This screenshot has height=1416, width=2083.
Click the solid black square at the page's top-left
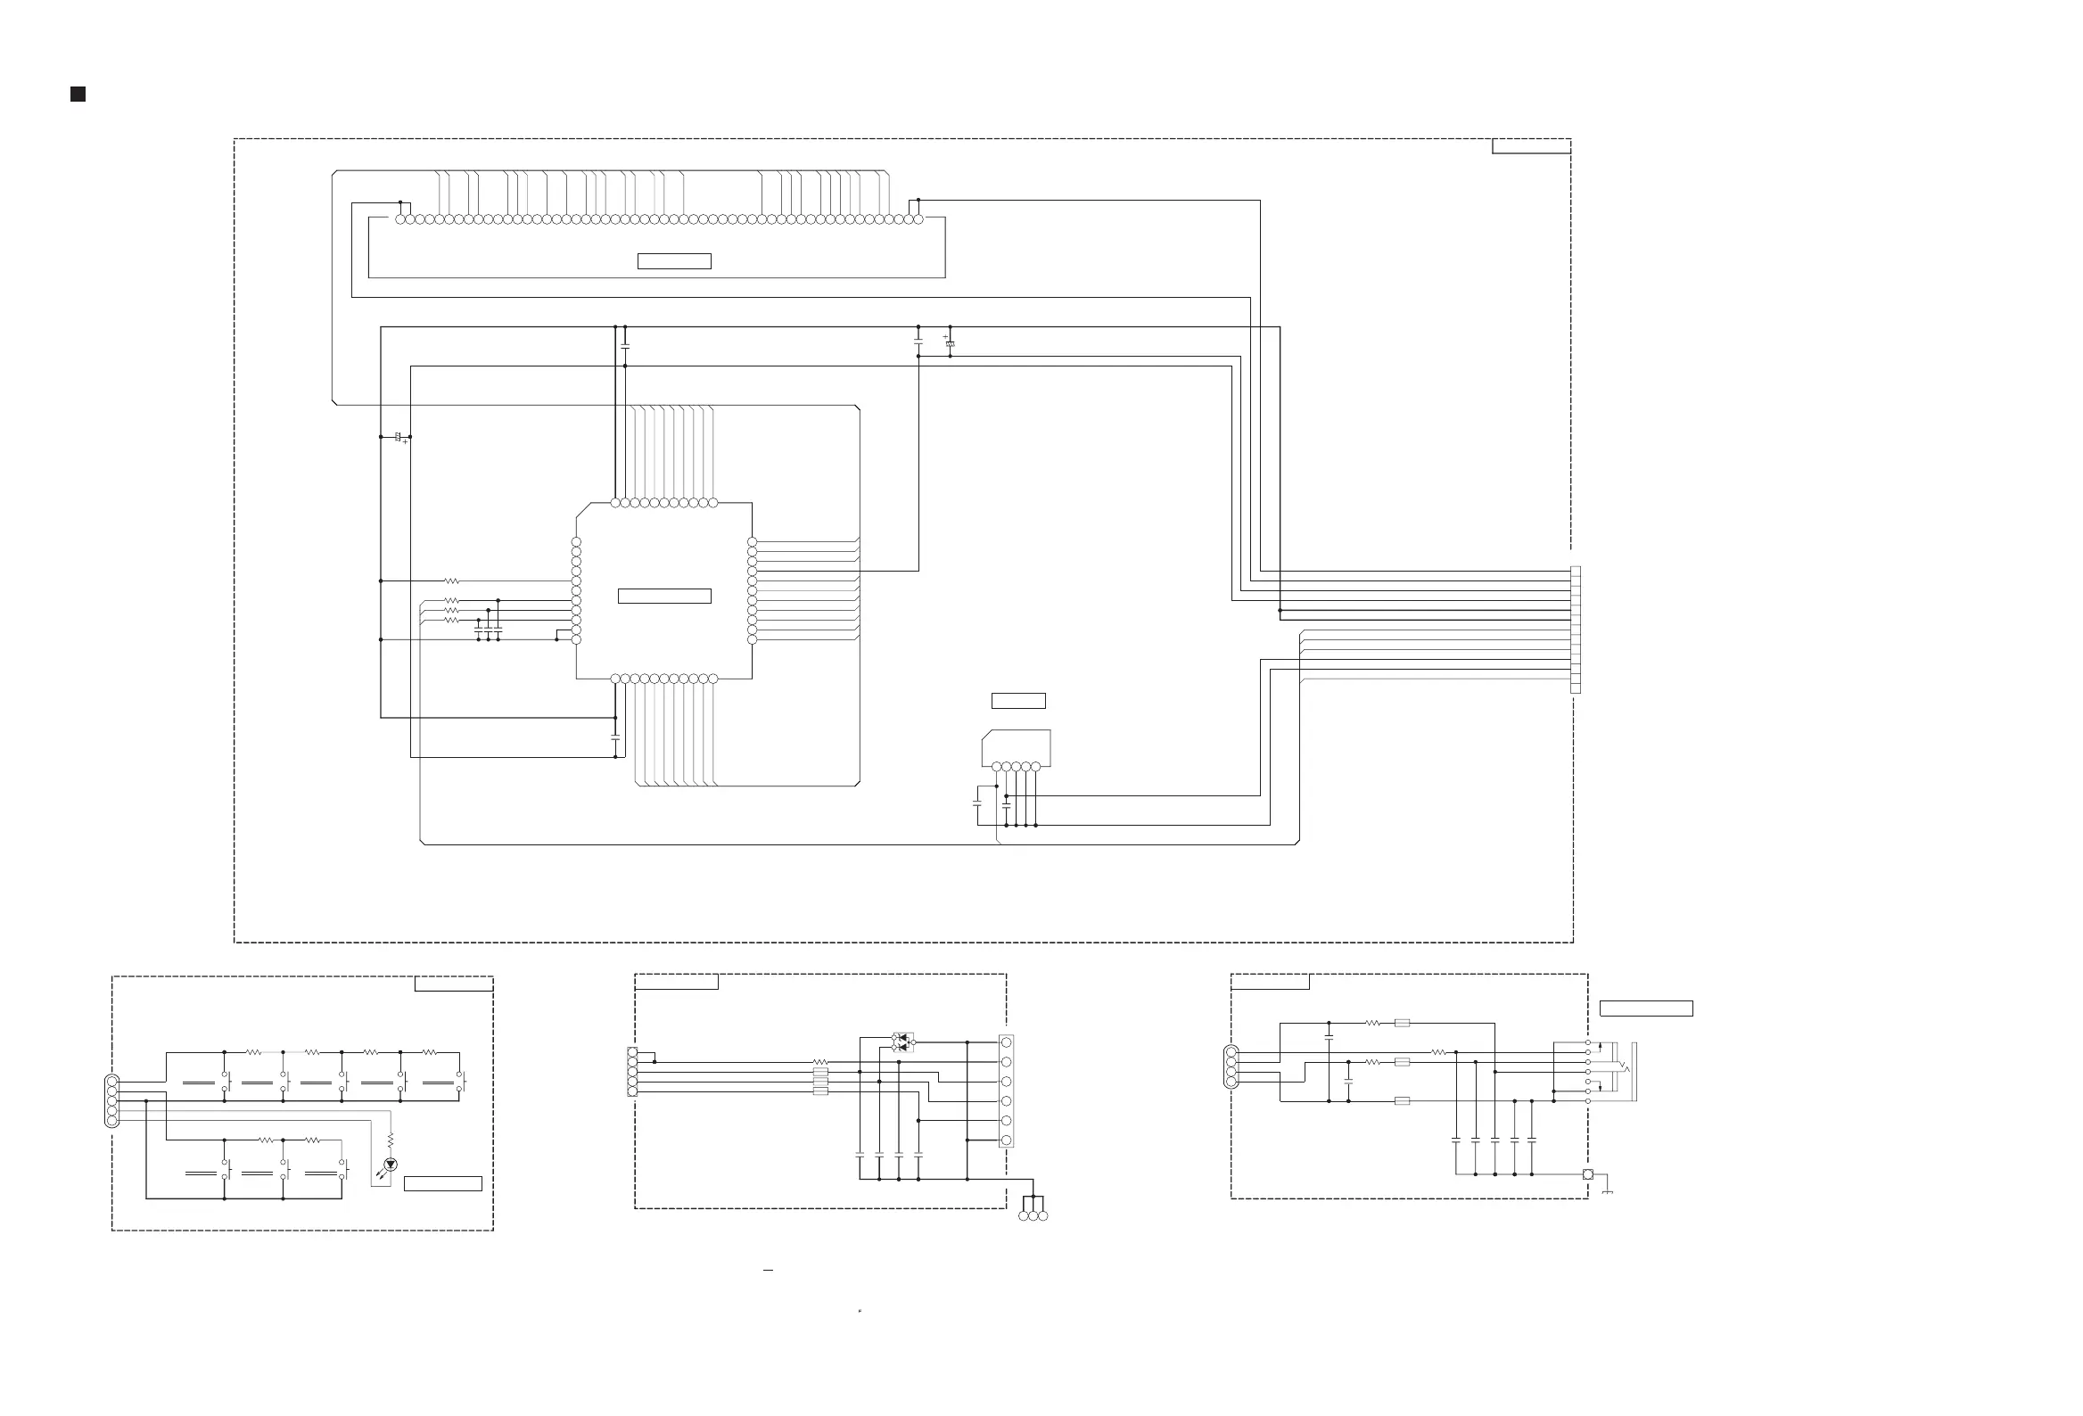[78, 95]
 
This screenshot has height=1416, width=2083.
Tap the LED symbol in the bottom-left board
[390, 1165]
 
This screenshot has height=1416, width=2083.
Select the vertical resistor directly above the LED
[391, 1140]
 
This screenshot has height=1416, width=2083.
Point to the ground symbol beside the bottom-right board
[1607, 1190]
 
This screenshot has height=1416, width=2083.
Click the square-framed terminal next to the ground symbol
[1587, 1174]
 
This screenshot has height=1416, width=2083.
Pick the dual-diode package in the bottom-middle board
[902, 1042]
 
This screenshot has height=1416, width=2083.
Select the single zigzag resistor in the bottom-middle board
[819, 1062]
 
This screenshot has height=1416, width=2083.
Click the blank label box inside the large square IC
[664, 596]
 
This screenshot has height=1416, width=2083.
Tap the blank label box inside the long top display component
[674, 260]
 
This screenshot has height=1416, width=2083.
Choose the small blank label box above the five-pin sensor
[1018, 701]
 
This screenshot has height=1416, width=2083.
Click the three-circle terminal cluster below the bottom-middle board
[1033, 1215]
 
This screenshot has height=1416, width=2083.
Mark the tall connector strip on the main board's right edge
[1576, 630]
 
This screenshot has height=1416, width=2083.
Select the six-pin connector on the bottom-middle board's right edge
[1007, 1091]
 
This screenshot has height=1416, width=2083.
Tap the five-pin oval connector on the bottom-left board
[112, 1101]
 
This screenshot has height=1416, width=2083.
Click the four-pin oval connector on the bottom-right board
[1231, 1067]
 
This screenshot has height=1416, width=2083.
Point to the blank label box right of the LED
[443, 1184]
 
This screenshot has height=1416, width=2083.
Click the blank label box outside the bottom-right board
[1645, 1008]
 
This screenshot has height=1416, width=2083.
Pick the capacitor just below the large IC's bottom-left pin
[615, 737]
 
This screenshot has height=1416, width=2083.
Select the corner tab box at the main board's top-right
[1531, 146]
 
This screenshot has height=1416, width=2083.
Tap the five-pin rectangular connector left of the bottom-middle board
[633, 1072]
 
